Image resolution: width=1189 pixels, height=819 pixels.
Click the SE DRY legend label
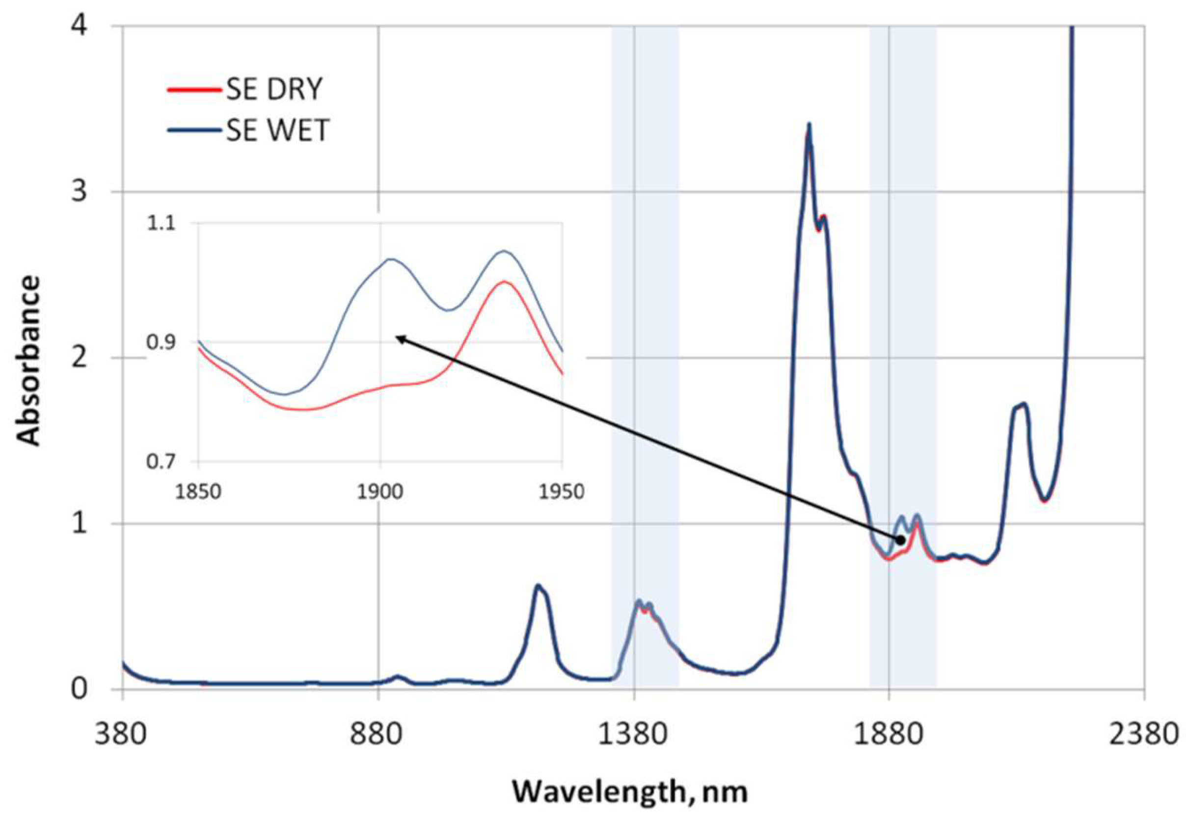pyautogui.click(x=274, y=89)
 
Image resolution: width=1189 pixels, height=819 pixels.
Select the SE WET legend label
pyautogui.click(x=278, y=130)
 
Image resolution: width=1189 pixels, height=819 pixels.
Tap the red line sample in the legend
pyautogui.click(x=194, y=89)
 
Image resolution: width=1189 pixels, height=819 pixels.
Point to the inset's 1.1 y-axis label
pyautogui.click(x=161, y=224)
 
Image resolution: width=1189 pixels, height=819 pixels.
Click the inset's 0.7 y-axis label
pyautogui.click(x=161, y=461)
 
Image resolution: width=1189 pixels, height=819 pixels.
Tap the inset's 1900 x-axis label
pyautogui.click(x=380, y=491)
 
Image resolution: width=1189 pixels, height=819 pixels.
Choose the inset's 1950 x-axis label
pyautogui.click(x=562, y=491)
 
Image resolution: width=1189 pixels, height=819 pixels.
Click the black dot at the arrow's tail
pyautogui.click(x=900, y=540)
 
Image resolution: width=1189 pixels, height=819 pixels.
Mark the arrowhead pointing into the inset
pyautogui.click(x=398, y=336)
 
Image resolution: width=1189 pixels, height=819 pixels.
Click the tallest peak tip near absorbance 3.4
pyautogui.click(x=809, y=124)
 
